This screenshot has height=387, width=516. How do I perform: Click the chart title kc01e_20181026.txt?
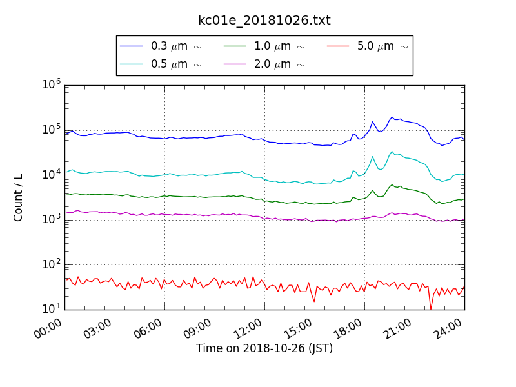click(x=264, y=21)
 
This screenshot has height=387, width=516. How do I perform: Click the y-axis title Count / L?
click(x=19, y=197)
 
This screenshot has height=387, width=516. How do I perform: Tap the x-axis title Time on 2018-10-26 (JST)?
click(x=264, y=349)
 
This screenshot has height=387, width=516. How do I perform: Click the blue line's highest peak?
click(x=392, y=117)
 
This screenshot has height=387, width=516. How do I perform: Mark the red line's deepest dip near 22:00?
click(x=431, y=308)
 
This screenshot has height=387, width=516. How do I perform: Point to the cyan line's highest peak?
click(x=392, y=152)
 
